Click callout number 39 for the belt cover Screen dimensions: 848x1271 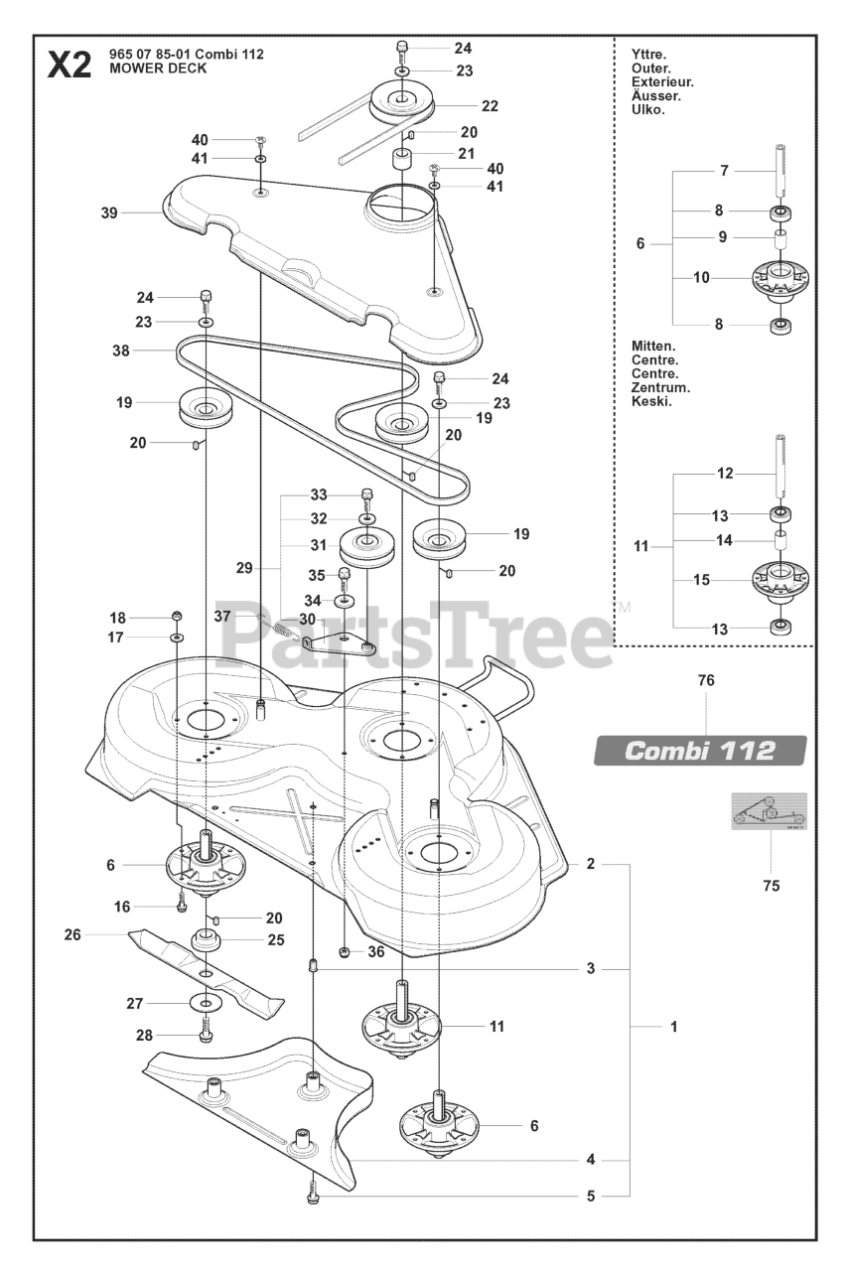click(109, 212)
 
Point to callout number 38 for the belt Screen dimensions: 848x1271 click(121, 351)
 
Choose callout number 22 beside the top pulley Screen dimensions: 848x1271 click(490, 106)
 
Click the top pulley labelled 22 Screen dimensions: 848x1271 click(409, 100)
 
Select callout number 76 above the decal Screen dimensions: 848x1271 click(706, 681)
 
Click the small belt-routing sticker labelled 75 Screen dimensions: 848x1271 click(770, 811)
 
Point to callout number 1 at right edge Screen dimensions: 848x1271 click(673, 1028)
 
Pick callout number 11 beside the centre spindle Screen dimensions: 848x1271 click(496, 1026)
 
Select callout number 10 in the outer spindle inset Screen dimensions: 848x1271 click(701, 277)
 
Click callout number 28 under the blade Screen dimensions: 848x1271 click(144, 1035)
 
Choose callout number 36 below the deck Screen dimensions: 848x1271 click(374, 951)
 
